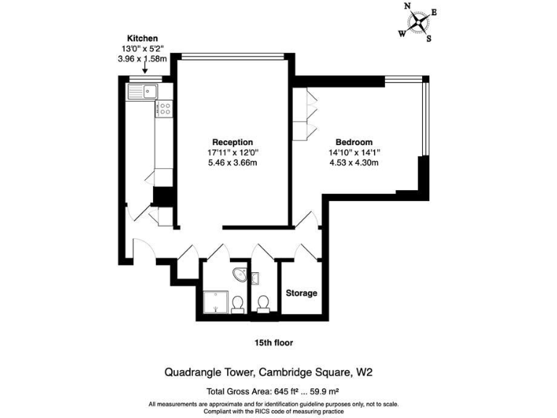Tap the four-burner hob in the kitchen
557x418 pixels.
[x=165, y=110]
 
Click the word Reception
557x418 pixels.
[x=232, y=142]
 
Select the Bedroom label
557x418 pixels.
[x=354, y=142]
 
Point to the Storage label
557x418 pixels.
[x=301, y=293]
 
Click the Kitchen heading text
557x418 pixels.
[x=142, y=38]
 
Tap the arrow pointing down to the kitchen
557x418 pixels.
[x=145, y=67]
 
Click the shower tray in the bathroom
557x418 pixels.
[x=215, y=302]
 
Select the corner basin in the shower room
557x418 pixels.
[x=236, y=274]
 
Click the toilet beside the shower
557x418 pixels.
[x=237, y=303]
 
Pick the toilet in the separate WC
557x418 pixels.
[x=263, y=303]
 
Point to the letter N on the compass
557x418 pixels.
[x=408, y=7]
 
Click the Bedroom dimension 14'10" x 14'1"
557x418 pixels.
[x=354, y=152]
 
